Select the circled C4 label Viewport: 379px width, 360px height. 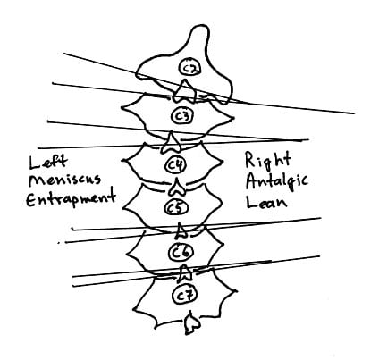click(x=176, y=164)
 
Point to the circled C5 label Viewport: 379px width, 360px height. click(x=175, y=208)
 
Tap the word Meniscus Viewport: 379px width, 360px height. click(x=64, y=180)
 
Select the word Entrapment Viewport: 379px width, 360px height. click(x=71, y=199)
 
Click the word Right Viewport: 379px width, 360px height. click(x=267, y=160)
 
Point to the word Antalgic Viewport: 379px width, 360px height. click(x=277, y=181)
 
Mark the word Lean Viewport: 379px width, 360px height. click(x=266, y=201)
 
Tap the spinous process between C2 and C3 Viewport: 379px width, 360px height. click(x=185, y=91)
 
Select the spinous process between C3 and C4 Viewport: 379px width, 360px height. click(x=172, y=142)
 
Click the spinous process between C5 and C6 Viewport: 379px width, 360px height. click(x=181, y=230)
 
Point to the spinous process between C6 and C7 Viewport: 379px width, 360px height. click(x=185, y=273)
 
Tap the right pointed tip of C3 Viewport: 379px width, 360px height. click(x=233, y=118)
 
